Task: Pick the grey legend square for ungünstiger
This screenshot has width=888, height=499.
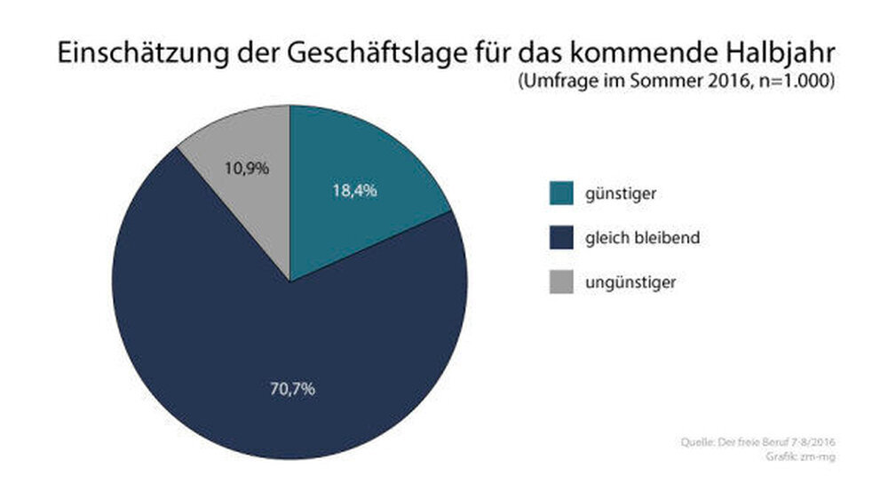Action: coord(561,283)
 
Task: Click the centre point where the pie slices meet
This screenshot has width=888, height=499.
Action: coord(289,281)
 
